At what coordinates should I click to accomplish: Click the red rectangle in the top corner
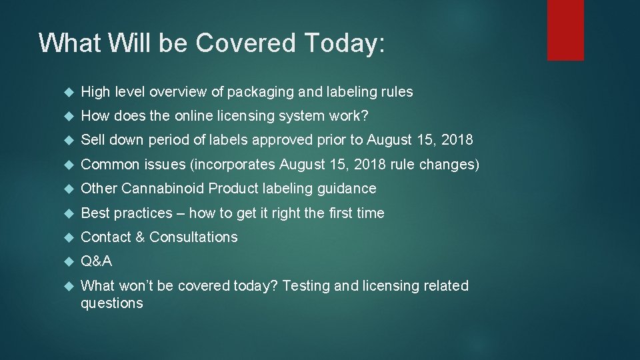(565, 29)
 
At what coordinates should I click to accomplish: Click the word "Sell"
(91, 140)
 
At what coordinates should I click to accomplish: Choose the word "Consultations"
(193, 237)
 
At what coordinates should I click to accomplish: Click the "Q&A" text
(96, 261)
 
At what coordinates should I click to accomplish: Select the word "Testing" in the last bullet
(305, 285)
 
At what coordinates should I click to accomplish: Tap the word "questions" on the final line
(111, 303)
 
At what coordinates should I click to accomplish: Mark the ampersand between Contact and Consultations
(140, 237)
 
